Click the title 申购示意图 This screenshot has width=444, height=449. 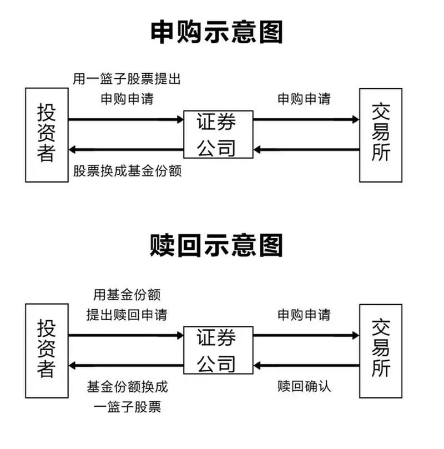(x=216, y=32)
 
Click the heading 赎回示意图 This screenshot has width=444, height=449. (x=216, y=245)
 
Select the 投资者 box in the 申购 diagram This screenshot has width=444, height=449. (x=46, y=134)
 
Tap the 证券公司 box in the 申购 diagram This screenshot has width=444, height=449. (x=218, y=134)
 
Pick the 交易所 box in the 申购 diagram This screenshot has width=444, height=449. (x=381, y=134)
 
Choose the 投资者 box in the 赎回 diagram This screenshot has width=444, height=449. (x=46, y=350)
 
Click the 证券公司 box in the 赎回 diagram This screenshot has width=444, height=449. (x=218, y=350)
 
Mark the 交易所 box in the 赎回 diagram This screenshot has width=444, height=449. (x=381, y=350)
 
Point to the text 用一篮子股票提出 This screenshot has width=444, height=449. (x=127, y=79)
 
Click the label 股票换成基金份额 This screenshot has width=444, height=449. (x=128, y=170)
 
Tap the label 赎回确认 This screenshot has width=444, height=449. (x=304, y=386)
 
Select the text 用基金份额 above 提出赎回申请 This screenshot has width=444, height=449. (x=127, y=295)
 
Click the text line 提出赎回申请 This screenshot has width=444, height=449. (x=127, y=315)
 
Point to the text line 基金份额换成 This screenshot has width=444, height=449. (x=127, y=386)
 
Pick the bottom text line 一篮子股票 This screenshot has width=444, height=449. (x=127, y=407)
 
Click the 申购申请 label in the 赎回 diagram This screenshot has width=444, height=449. (x=304, y=315)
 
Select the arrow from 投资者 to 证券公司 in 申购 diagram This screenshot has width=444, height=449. (x=126, y=119)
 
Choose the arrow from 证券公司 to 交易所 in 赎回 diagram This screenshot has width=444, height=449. (x=306, y=335)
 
